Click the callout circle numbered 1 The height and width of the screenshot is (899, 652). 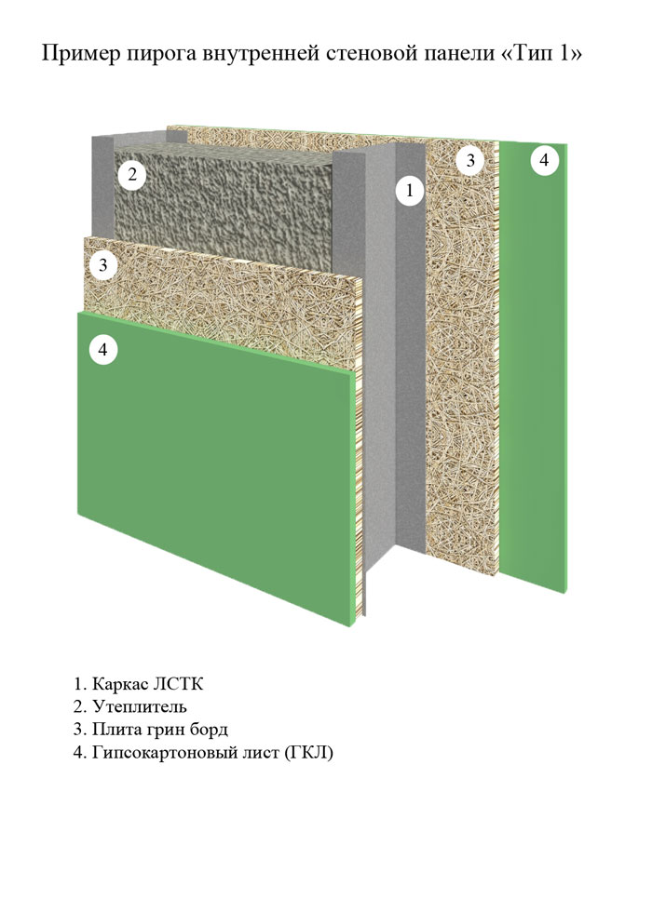(409, 190)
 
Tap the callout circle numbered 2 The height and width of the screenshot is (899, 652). (132, 174)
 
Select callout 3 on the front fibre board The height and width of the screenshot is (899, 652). (103, 265)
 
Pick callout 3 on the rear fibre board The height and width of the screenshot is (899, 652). (470, 160)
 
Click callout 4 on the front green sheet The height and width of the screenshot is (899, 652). (103, 349)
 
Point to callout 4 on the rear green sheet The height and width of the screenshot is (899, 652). (544, 160)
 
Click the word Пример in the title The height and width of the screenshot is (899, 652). (81, 54)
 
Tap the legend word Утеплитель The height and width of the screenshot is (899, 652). (140, 706)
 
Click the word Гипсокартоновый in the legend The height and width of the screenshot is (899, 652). (161, 753)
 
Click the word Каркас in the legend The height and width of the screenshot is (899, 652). (119, 685)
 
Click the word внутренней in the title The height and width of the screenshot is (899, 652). (261, 55)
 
